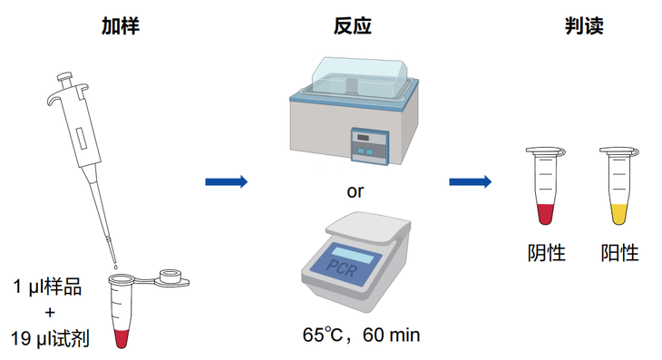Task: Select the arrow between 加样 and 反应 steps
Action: coord(226,181)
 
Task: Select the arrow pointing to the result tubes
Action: coord(471,181)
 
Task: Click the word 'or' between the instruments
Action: coord(356,191)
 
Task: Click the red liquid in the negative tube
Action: coord(545,214)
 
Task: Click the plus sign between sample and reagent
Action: coord(49,314)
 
